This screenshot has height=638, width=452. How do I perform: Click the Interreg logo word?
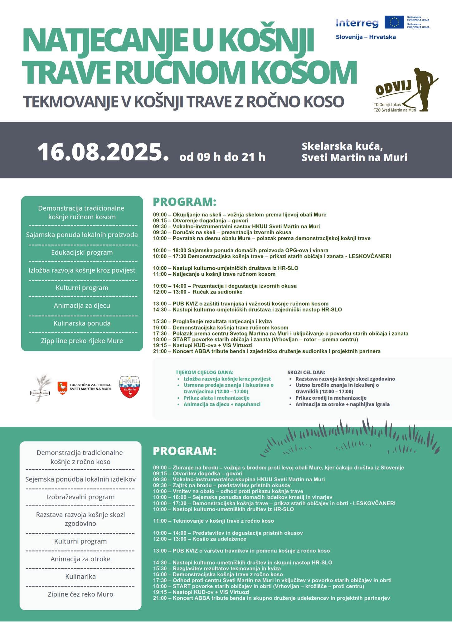click(357, 23)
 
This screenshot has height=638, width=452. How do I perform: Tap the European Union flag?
click(394, 22)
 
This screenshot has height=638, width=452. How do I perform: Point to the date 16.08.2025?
click(103, 152)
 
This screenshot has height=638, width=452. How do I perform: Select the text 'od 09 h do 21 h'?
click(222, 157)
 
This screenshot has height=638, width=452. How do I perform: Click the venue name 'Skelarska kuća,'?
click(342, 146)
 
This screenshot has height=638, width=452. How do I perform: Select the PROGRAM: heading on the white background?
click(184, 202)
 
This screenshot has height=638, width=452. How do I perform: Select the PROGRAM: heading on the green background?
click(184, 451)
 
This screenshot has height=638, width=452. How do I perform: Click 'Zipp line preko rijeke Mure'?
click(82, 341)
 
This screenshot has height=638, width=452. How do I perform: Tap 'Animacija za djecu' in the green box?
click(82, 305)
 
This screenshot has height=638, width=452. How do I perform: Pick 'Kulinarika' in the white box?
click(80, 576)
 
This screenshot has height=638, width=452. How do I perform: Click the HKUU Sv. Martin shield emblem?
click(129, 387)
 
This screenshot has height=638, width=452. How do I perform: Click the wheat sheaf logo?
click(41, 388)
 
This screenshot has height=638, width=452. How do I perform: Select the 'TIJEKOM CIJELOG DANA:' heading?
click(204, 372)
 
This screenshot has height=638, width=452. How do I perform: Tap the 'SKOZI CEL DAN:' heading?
click(306, 372)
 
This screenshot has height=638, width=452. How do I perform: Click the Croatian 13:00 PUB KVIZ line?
click(241, 304)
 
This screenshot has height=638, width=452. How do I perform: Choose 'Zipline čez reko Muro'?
click(80, 594)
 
